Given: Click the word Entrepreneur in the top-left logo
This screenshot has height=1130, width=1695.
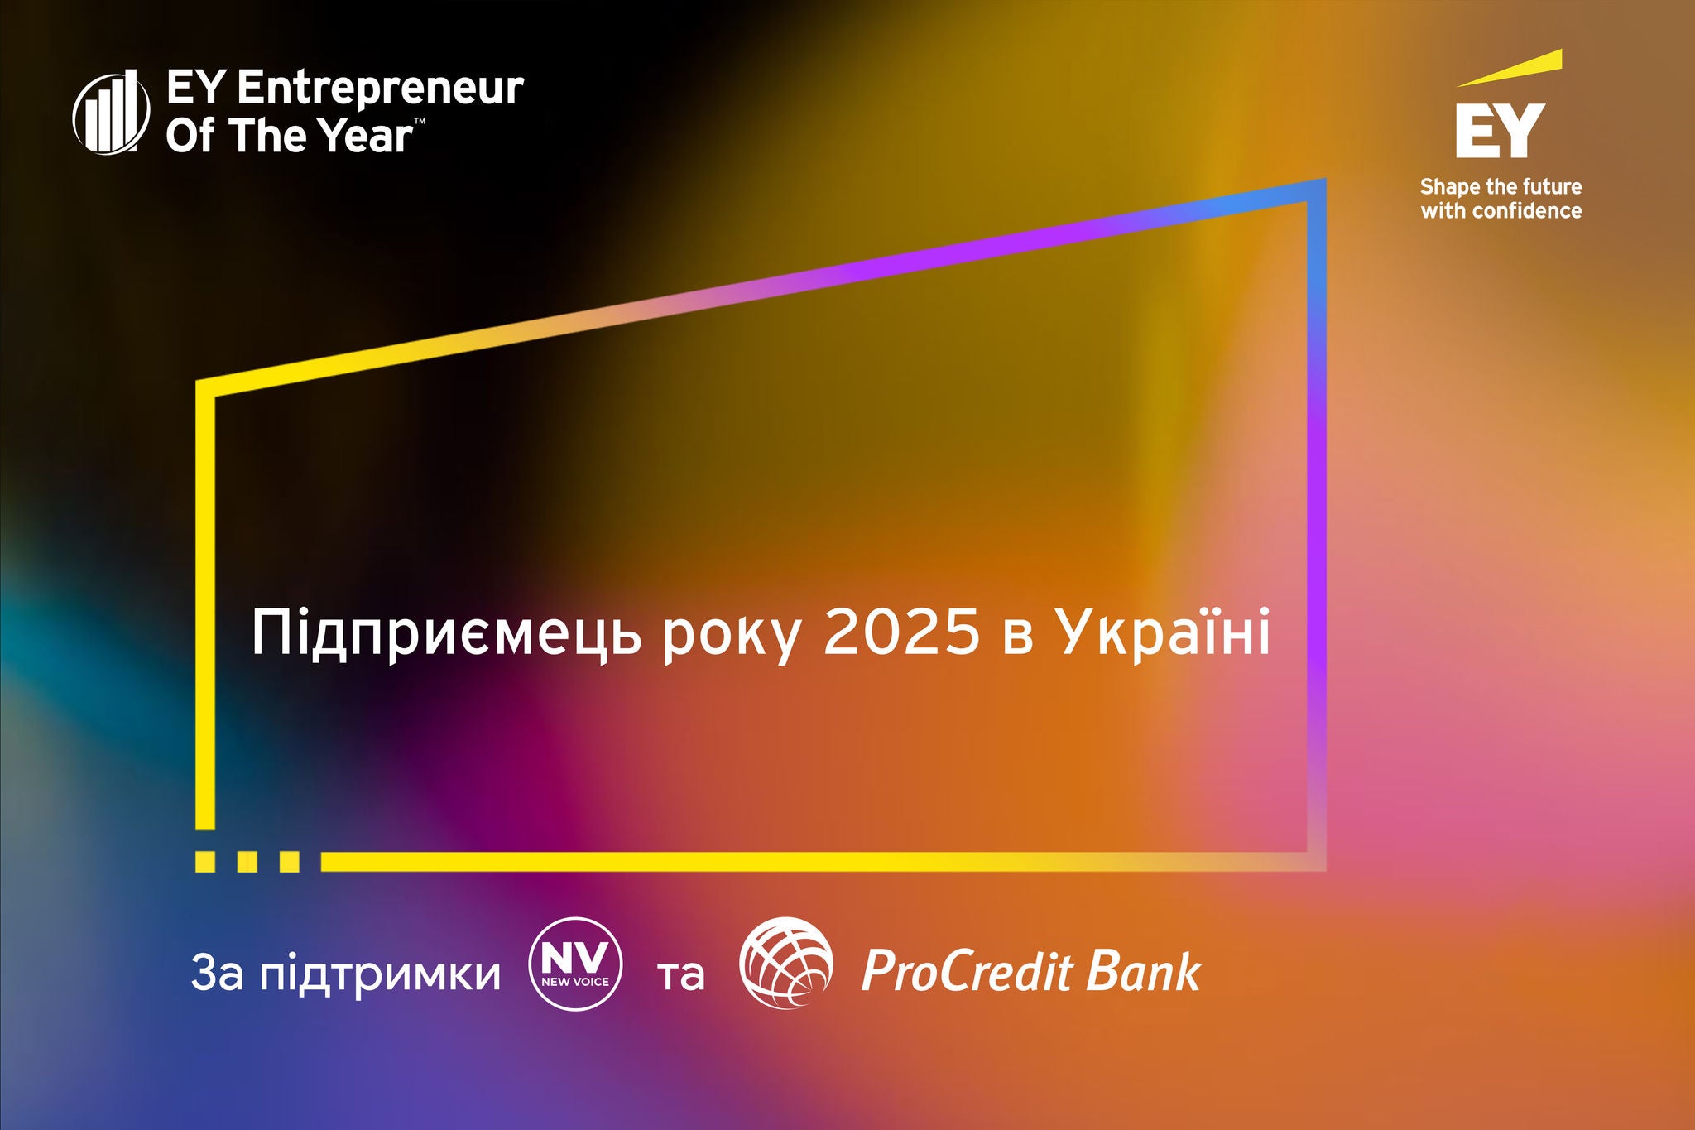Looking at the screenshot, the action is point(380,89).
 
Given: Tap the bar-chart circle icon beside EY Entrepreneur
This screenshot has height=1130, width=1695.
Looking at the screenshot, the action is point(112,112).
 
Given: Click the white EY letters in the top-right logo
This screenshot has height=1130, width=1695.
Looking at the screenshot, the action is point(1501,130).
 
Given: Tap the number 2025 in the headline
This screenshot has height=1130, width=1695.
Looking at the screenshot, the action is point(902,633).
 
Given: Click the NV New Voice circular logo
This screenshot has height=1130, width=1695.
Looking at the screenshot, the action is point(575,964).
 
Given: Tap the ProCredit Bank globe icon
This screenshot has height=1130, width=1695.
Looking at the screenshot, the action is point(786,963).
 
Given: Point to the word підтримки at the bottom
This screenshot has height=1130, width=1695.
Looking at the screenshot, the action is point(381,975).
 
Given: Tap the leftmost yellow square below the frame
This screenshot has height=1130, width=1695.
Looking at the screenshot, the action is point(205,862).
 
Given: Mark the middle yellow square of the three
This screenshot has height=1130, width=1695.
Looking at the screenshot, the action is point(247,862).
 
